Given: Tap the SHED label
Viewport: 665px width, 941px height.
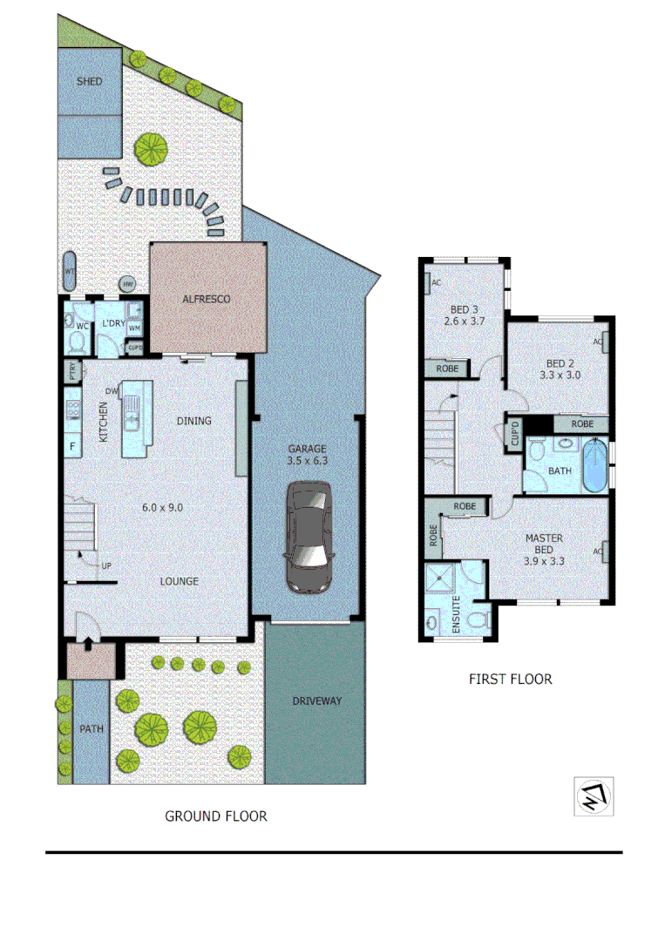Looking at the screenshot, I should [x=89, y=81].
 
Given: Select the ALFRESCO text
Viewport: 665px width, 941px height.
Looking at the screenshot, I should [x=206, y=299].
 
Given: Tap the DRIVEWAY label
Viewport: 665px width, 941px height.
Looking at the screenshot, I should [x=316, y=701].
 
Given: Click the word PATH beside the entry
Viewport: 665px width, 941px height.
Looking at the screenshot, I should [x=91, y=729].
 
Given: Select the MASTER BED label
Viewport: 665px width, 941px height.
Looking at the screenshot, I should [x=543, y=544].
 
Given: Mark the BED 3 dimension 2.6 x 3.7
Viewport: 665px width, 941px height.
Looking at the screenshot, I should [x=465, y=322].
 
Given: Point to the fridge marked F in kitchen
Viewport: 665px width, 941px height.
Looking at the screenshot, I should [x=71, y=448].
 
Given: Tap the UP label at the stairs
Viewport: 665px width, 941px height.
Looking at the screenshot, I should [x=106, y=565].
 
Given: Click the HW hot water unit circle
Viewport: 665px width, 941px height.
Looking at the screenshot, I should [x=128, y=284].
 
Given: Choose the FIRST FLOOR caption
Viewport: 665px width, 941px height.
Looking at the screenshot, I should [x=510, y=679].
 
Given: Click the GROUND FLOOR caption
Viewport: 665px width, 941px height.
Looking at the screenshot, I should [x=216, y=816].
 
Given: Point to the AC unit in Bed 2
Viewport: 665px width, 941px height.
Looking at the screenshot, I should [x=600, y=342].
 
